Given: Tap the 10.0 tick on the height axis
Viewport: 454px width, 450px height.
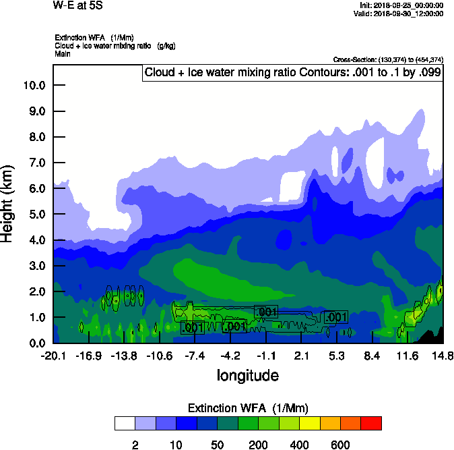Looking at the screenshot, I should pyautogui.click(x=34, y=86).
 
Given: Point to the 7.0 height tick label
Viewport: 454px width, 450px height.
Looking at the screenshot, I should pyautogui.click(x=34, y=163).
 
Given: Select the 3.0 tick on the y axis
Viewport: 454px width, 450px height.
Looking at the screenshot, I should pyautogui.click(x=34, y=266).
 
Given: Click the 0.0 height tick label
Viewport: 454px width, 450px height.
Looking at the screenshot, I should pyautogui.click(x=34, y=343).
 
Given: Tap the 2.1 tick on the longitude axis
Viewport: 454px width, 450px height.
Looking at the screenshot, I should pyautogui.click(x=302, y=356).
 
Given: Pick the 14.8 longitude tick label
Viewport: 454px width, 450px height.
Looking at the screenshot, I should pyautogui.click(x=443, y=356).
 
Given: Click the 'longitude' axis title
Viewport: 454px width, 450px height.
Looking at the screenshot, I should pyautogui.click(x=247, y=375).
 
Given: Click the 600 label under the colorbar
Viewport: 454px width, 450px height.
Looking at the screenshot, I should pyautogui.click(x=340, y=445).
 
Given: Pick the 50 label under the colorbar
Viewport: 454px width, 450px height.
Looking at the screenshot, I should pyautogui.click(x=218, y=445).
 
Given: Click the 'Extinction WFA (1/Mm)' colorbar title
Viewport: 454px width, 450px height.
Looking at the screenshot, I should pyautogui.click(x=247, y=408).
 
